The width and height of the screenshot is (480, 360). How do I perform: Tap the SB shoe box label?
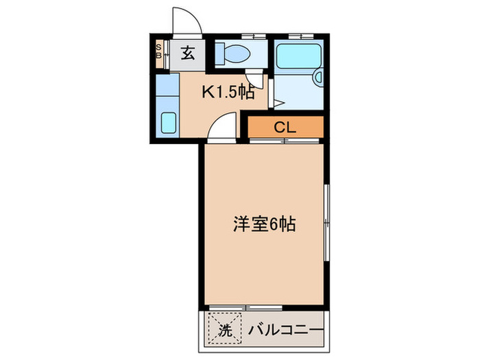pos(158,52)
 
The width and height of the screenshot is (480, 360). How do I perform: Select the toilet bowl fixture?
pos(237,53)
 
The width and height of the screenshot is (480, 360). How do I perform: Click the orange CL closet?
pos(285,127)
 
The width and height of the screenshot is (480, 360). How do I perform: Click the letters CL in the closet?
pos(285,127)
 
